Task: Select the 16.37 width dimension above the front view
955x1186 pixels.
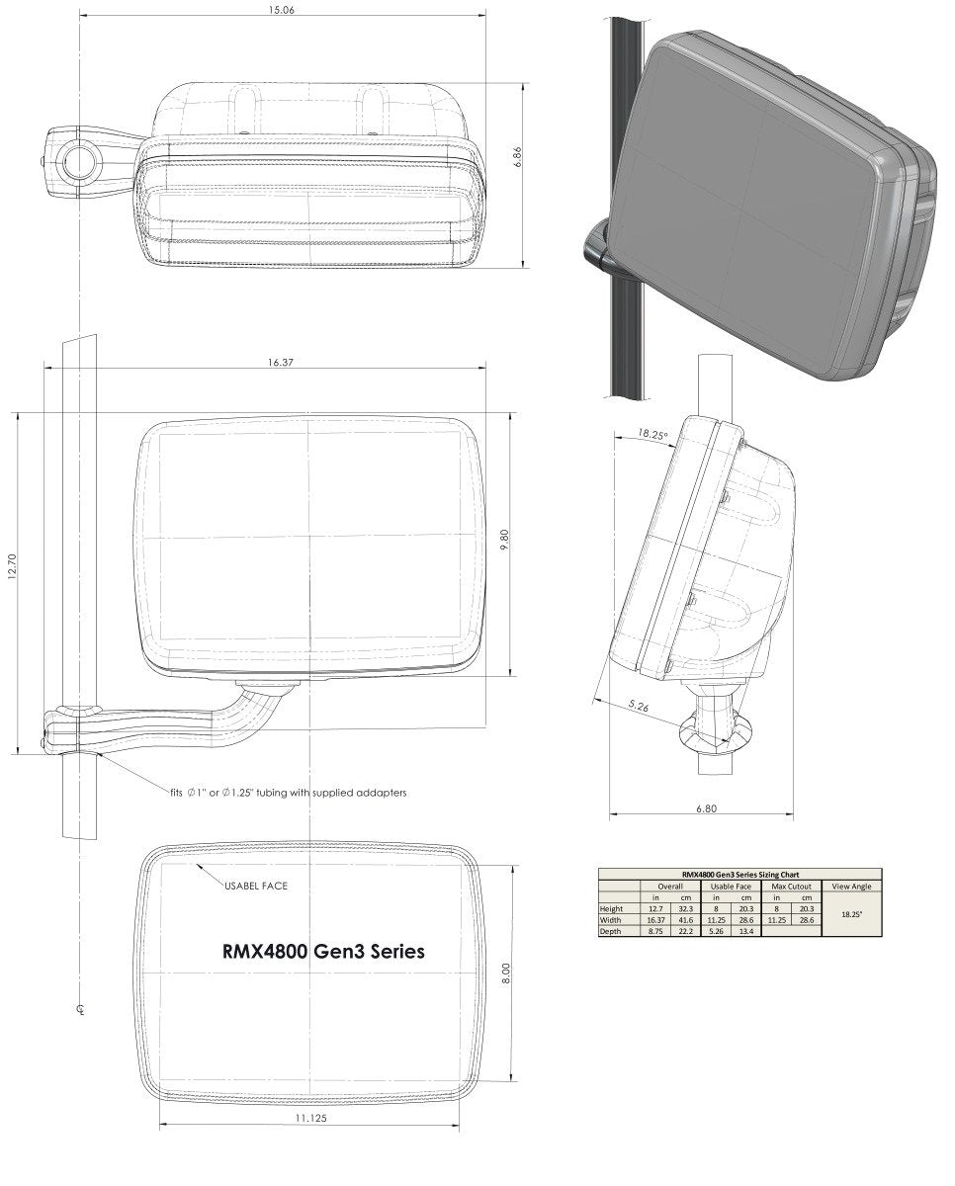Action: coord(281,363)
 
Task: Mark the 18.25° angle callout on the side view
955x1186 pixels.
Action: coord(652,434)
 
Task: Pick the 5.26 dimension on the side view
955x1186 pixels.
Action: coord(639,707)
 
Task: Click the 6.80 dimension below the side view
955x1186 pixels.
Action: coord(706,808)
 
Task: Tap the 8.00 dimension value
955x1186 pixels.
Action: coord(505,974)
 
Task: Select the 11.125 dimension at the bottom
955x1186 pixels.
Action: coord(311,1118)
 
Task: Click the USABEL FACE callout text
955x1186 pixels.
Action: coord(255,886)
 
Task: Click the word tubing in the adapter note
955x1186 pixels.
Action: coord(276,792)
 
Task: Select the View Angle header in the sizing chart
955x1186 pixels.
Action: coord(851,887)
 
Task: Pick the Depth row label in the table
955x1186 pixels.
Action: coord(611,931)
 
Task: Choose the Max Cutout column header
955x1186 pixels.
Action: coord(791,887)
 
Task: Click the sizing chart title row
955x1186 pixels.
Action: coord(739,875)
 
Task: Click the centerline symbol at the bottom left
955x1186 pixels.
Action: coord(79,1009)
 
